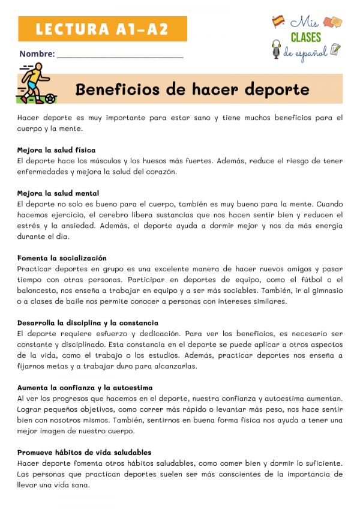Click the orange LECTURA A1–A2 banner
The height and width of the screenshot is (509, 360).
click(103, 28)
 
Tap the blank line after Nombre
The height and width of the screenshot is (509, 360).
click(120, 55)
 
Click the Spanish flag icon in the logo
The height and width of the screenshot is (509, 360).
click(278, 22)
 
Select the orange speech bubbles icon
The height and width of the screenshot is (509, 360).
click(333, 22)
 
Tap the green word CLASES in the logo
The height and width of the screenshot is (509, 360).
click(306, 38)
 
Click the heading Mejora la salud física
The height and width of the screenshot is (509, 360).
click(56, 149)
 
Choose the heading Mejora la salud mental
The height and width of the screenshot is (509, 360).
click(58, 193)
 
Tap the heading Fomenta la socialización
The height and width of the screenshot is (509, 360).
click(62, 258)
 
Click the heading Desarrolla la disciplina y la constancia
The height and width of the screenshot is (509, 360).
click(88, 323)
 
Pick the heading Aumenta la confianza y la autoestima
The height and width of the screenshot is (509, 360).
click(85, 388)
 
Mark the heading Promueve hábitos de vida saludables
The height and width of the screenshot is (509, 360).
click(84, 453)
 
